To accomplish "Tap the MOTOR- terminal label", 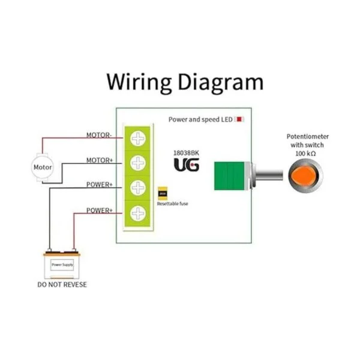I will (x=99, y=136).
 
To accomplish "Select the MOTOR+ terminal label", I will (x=99, y=160).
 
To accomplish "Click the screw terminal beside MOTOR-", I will (x=139, y=139).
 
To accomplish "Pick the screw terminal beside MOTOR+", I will (x=139, y=163).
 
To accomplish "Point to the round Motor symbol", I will (x=42, y=167).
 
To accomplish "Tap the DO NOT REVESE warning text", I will (x=62, y=284).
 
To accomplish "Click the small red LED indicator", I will (x=239, y=119).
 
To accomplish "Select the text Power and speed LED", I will (x=200, y=120).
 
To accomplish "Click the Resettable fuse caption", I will (x=173, y=205).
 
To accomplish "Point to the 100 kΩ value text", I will (x=307, y=154).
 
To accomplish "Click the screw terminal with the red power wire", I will (x=139, y=213).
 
